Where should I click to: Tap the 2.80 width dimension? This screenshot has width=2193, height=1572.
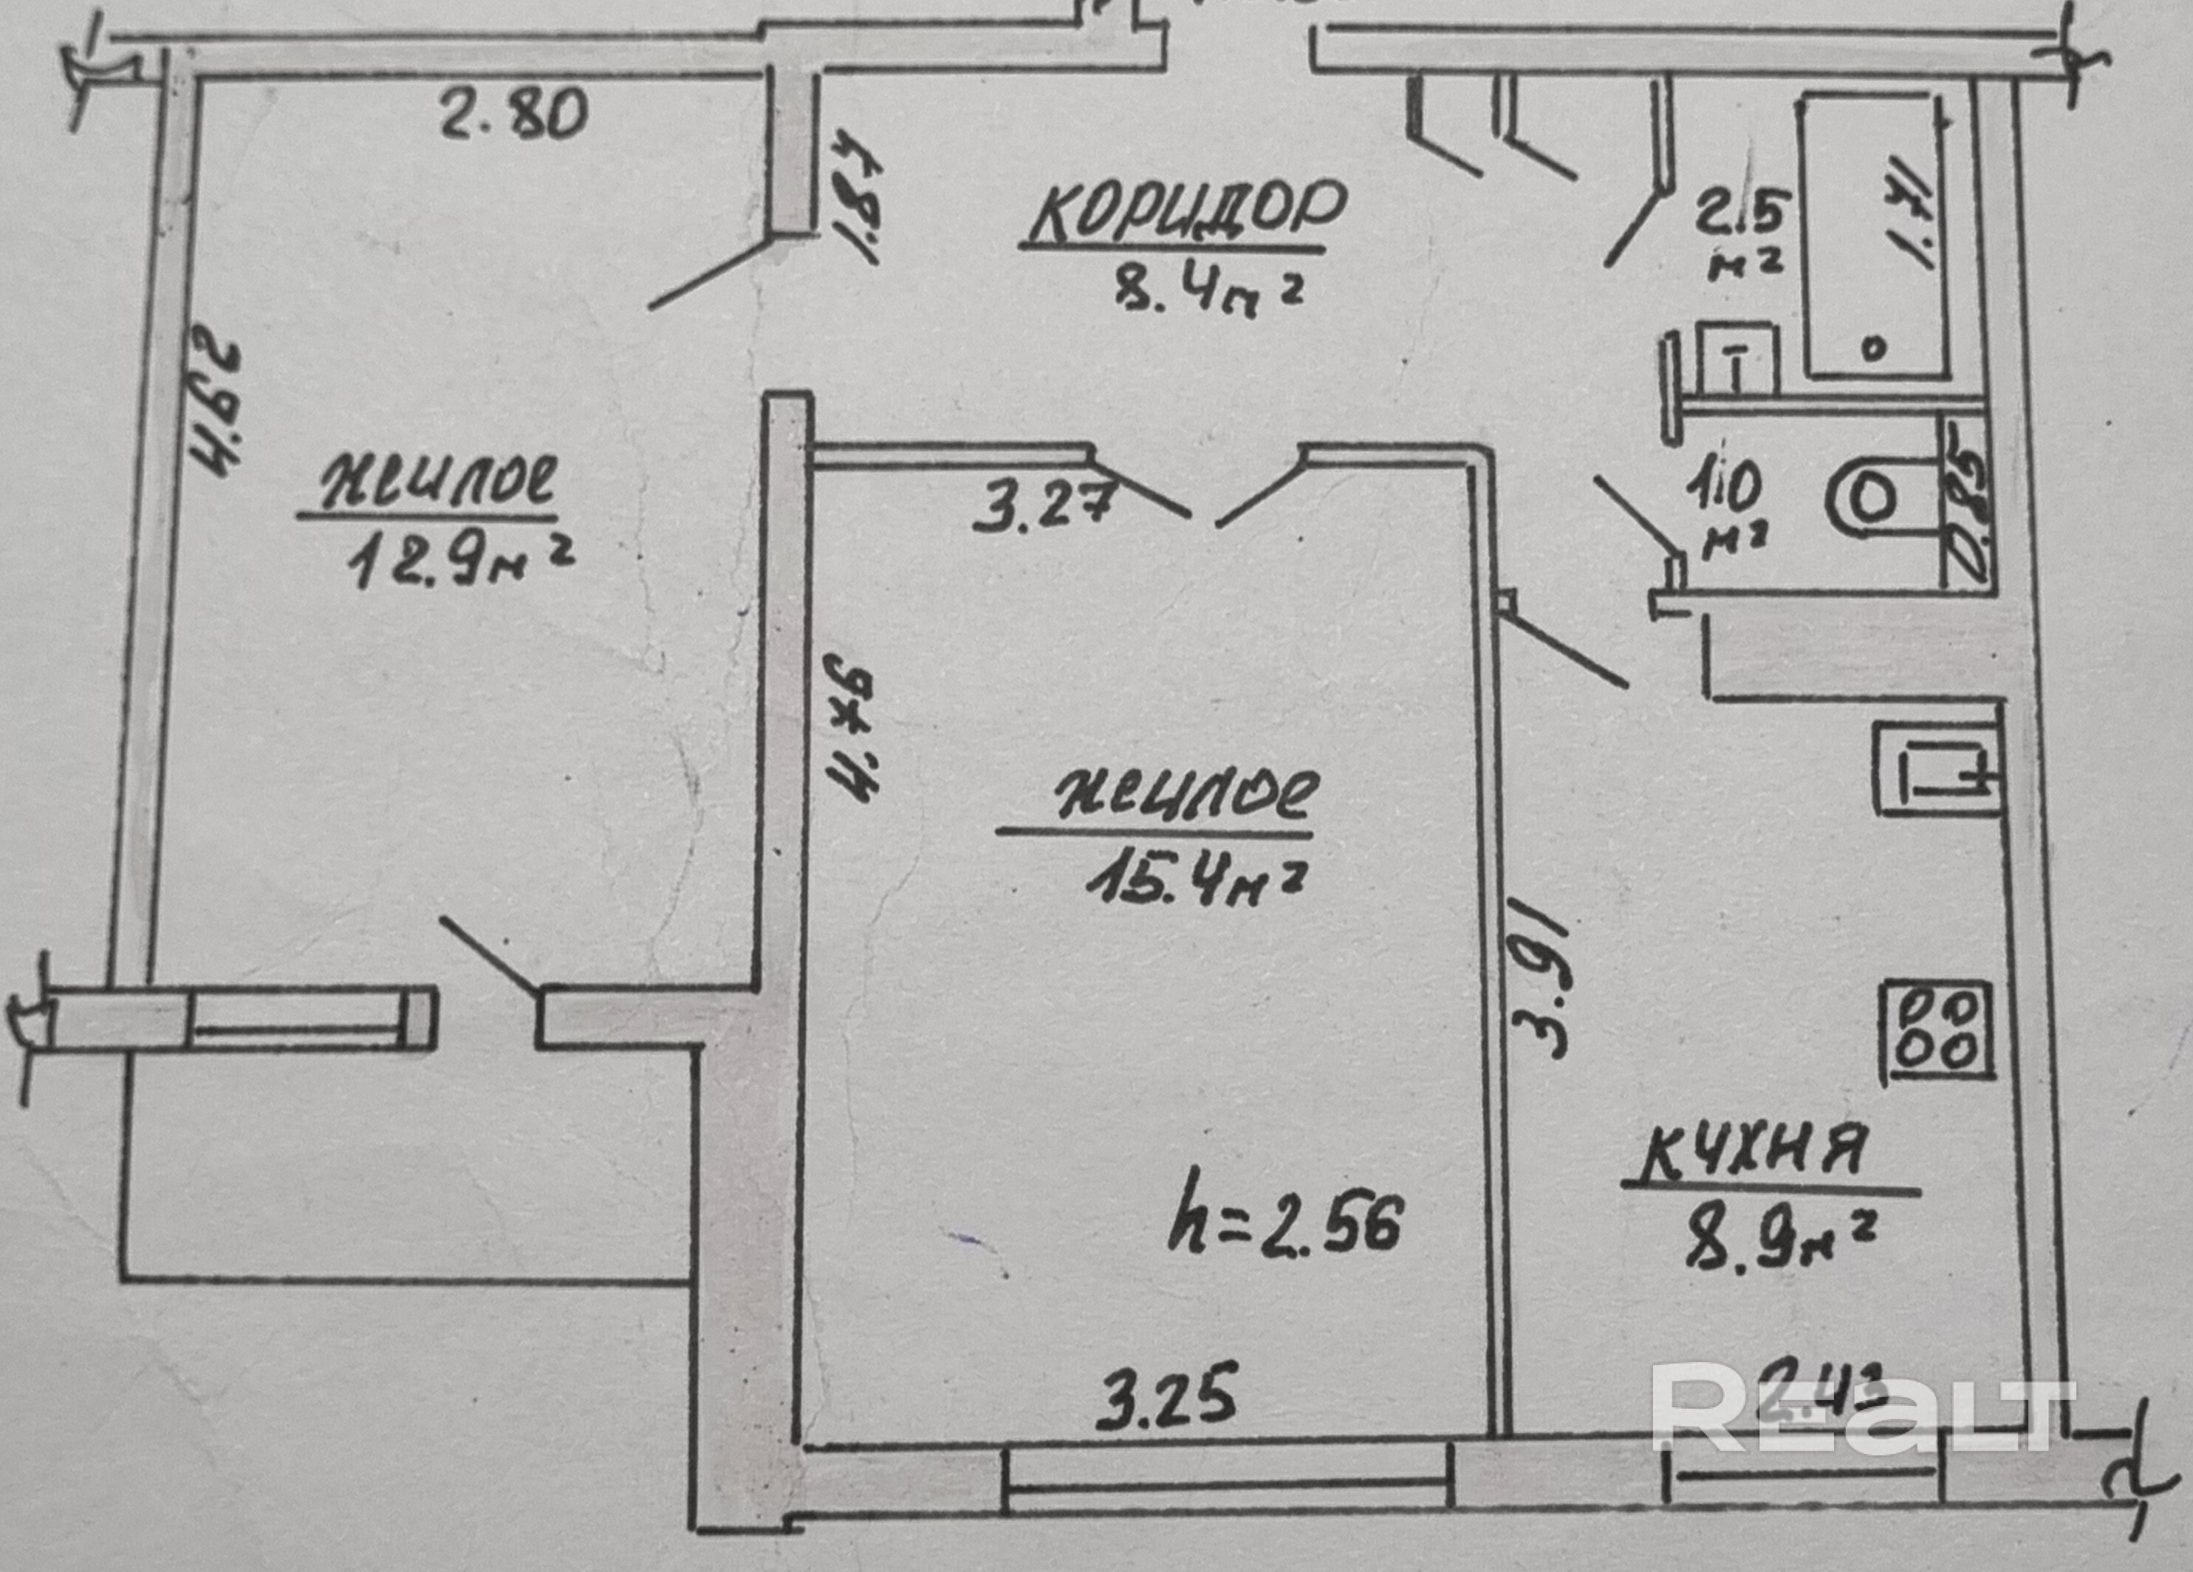tap(513, 113)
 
